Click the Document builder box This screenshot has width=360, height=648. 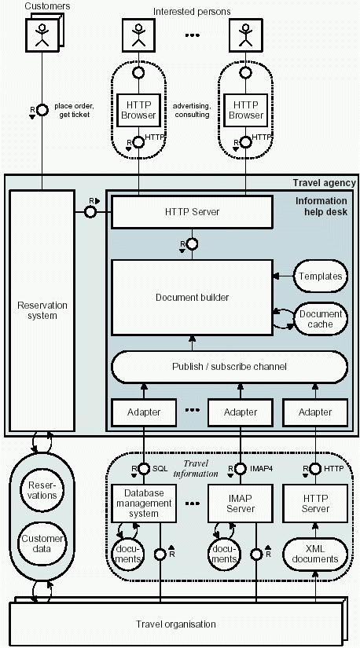click(x=192, y=297)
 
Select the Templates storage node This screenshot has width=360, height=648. click(x=321, y=276)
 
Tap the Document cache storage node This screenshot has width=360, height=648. click(x=321, y=319)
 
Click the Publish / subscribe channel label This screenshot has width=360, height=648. click(x=230, y=367)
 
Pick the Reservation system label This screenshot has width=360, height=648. click(x=42, y=310)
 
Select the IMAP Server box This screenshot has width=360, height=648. click(x=241, y=503)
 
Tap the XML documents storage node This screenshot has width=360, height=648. click(x=315, y=555)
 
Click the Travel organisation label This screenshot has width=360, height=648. click(x=176, y=624)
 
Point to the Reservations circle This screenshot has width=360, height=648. click(x=42, y=489)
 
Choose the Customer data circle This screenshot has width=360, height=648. click(x=42, y=544)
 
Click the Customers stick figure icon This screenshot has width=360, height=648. click(x=42, y=35)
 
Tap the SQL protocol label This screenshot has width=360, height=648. click(x=160, y=469)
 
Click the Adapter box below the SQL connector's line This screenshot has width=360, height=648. click(x=144, y=412)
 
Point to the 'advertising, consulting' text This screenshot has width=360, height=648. click(x=192, y=110)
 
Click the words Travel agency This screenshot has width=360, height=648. click(x=324, y=183)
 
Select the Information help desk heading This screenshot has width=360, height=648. click(x=321, y=207)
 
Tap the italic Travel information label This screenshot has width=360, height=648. click(x=196, y=469)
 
